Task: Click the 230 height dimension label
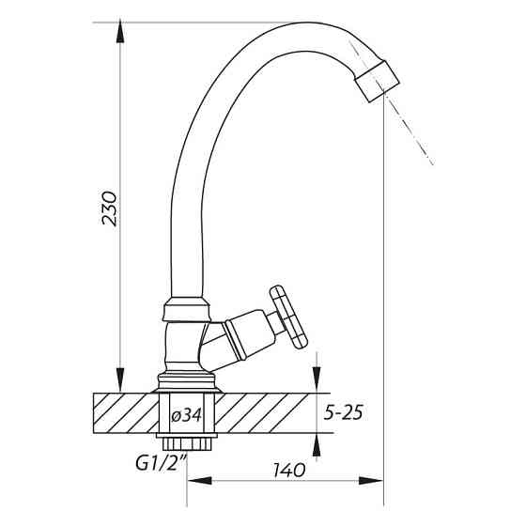(110, 209)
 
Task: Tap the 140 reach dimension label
(289, 470)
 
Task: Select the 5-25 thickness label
(343, 412)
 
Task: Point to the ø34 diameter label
(186, 416)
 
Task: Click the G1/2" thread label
(162, 463)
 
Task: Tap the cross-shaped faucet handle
(288, 317)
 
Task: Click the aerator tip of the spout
(378, 81)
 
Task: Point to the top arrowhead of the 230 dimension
(120, 31)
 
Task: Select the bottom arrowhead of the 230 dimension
(120, 381)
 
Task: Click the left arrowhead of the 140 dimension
(199, 480)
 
